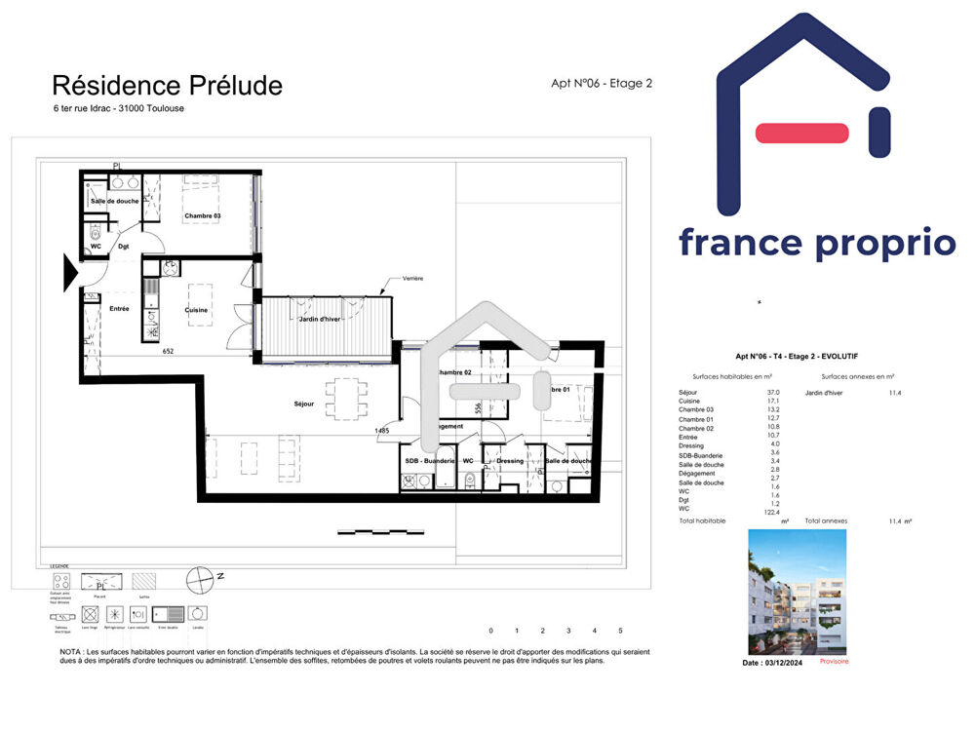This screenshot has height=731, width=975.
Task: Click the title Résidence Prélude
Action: click(x=167, y=86)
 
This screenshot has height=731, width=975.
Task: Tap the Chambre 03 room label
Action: click(x=203, y=216)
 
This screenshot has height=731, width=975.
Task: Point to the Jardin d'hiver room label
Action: click(x=320, y=319)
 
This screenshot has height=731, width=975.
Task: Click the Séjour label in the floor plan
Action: click(x=303, y=404)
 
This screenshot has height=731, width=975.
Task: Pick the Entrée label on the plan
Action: click(x=119, y=309)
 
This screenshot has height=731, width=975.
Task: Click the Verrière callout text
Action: click(x=412, y=279)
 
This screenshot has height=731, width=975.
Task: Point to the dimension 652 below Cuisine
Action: click(x=168, y=351)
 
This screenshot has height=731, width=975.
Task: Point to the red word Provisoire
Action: click(x=834, y=662)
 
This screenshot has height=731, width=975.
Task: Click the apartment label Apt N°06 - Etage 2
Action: click(x=602, y=84)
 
